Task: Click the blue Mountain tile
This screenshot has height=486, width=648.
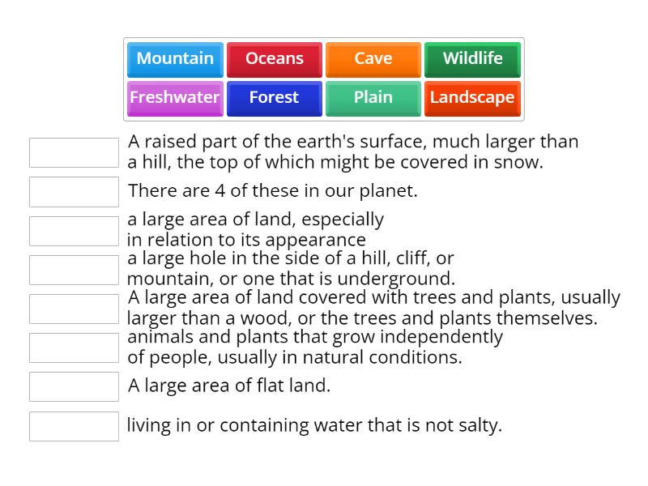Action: [175, 59]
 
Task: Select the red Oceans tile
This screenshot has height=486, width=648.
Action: [275, 59]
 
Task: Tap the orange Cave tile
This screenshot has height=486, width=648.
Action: [373, 59]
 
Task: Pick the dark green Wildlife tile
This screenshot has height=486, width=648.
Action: [472, 59]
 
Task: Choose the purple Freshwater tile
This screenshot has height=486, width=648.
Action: [175, 98]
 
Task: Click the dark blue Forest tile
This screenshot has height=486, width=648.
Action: [275, 98]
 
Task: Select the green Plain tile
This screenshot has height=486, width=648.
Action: [373, 98]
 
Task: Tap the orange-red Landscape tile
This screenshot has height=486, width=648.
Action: [472, 98]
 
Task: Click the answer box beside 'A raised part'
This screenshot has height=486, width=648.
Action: [74, 152]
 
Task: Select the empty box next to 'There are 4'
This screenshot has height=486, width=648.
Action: [74, 192]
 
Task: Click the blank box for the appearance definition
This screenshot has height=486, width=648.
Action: [74, 231]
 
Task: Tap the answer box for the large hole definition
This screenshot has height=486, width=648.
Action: [74, 270]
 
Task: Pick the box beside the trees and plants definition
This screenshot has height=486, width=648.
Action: [74, 309]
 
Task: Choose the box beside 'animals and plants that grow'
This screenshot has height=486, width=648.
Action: [74, 347]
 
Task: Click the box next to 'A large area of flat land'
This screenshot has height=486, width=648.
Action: [74, 386]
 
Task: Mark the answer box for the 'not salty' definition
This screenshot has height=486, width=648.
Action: [74, 426]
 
